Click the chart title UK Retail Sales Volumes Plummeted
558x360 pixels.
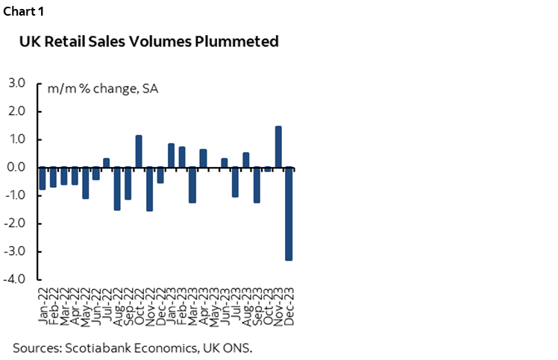148,42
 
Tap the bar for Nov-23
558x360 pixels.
278,147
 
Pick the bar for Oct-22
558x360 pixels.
139,151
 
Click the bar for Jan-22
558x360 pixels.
43,178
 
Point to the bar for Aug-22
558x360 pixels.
117,189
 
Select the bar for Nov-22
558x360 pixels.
149,189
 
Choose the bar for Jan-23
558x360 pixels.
171,156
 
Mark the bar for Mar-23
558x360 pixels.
192,185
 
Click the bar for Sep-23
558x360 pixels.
257,185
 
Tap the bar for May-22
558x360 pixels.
85,183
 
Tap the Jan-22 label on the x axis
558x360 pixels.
43,304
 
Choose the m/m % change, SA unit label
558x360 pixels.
102,89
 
